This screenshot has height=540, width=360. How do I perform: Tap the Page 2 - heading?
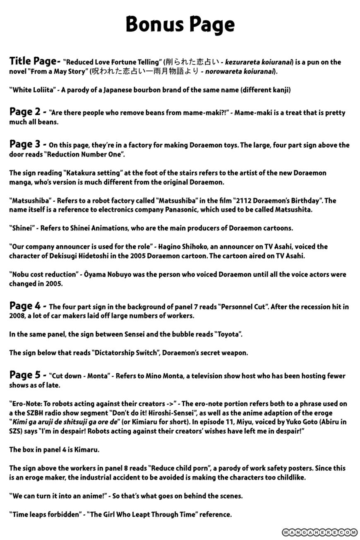coord(27,112)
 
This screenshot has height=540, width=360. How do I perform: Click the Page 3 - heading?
coord(27,144)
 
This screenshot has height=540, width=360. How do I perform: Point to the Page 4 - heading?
coord(27,306)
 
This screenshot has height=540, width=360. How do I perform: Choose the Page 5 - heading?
coord(27,375)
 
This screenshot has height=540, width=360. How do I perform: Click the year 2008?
coord(16,316)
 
